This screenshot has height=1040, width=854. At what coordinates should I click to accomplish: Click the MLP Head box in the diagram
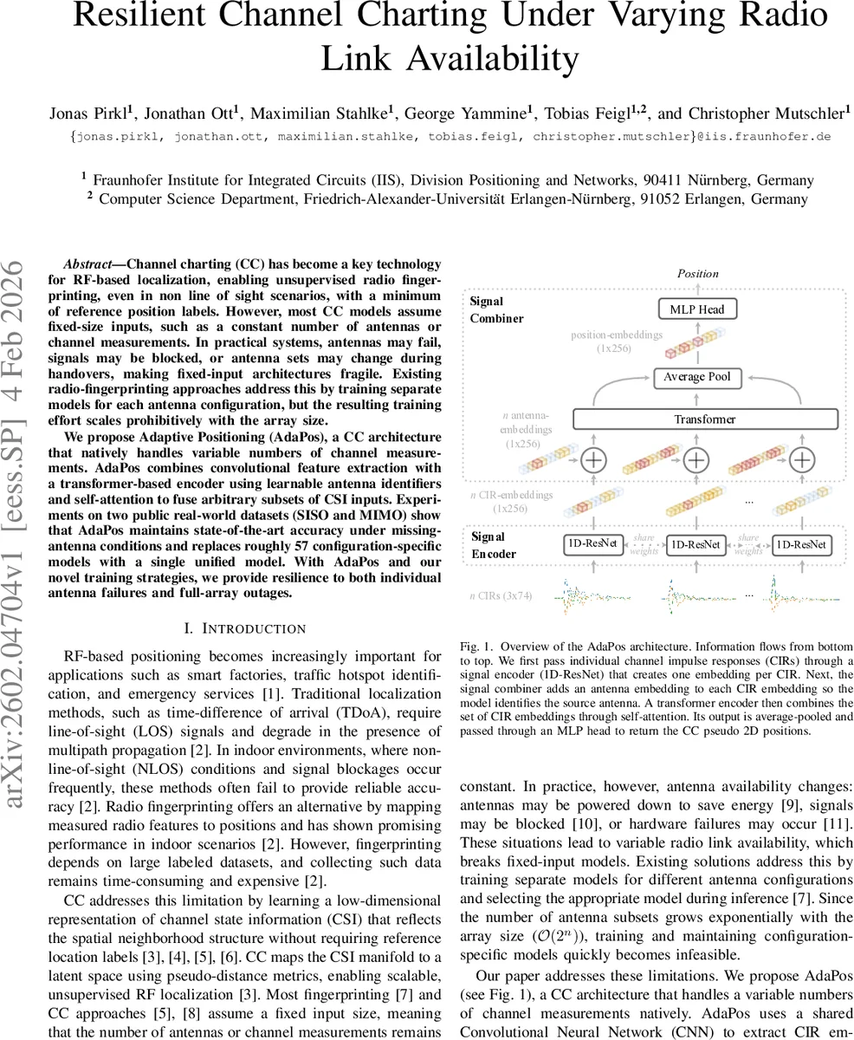click(x=697, y=309)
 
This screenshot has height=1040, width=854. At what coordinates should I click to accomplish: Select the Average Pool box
click(x=696, y=377)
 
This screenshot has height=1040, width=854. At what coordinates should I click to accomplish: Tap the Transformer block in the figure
click(x=705, y=419)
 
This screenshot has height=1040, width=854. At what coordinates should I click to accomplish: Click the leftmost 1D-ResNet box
click(x=593, y=544)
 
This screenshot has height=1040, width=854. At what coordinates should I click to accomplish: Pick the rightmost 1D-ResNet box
click(x=801, y=545)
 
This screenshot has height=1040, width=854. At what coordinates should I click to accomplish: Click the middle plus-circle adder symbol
click(x=696, y=459)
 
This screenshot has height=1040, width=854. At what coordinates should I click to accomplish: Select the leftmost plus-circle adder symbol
click(x=593, y=459)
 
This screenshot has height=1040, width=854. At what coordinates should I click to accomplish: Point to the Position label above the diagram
click(x=697, y=273)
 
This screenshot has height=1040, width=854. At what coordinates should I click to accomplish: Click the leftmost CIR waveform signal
click(x=593, y=596)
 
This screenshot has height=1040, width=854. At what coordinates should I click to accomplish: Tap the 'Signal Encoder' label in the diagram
click(x=493, y=545)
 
